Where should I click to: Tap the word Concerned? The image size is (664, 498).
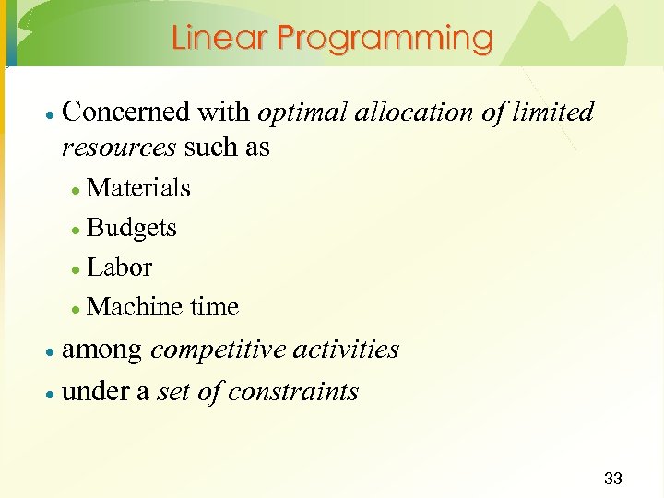tap(125, 113)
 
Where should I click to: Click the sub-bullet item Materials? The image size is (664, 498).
tap(138, 188)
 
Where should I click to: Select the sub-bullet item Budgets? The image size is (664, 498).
tap(131, 229)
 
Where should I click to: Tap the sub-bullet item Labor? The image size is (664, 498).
tap(119, 267)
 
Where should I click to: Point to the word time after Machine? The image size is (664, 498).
tap(213, 307)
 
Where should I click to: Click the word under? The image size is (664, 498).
tap(94, 392)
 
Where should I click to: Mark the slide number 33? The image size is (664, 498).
tap(612, 479)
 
